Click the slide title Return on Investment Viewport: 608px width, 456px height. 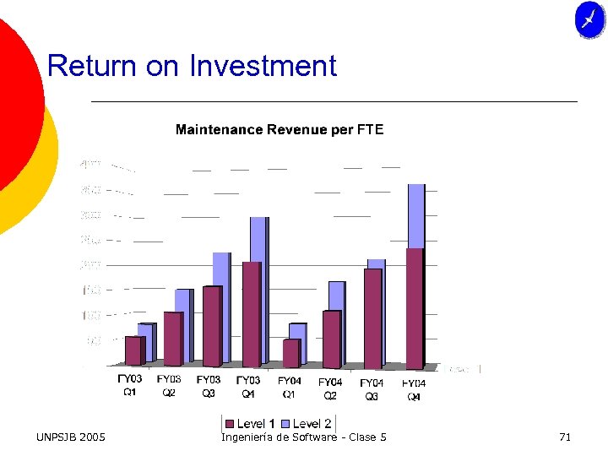[x=192, y=66]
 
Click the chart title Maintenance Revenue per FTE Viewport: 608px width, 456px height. [x=279, y=129]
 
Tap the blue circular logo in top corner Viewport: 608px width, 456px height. [x=589, y=19]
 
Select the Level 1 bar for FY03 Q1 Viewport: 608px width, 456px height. [x=133, y=350]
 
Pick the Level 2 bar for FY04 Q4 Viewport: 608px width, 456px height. [x=416, y=215]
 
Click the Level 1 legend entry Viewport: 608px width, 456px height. [x=250, y=423]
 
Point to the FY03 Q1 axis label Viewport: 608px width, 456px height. [x=129, y=386]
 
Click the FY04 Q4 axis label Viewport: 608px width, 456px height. [x=414, y=389]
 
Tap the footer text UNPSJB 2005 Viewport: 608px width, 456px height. [x=71, y=437]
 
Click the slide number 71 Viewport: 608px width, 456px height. [x=565, y=437]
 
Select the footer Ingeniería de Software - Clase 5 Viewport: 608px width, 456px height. [x=304, y=437]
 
